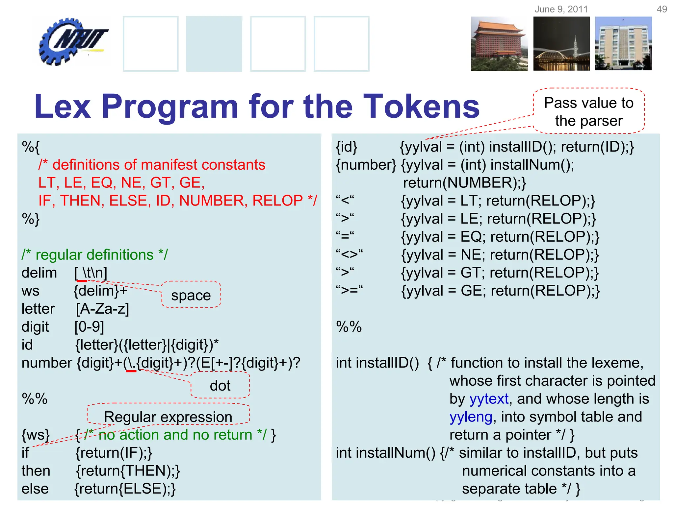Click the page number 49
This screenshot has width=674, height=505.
click(661, 9)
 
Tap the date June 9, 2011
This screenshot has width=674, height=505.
click(561, 9)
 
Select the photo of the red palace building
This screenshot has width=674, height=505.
click(499, 44)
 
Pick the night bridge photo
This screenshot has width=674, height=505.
click(561, 44)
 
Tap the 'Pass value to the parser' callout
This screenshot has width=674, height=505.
click(588, 111)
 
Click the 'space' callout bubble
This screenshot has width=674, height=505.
click(191, 295)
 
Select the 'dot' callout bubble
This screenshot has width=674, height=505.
click(220, 385)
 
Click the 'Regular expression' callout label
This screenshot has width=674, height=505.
click(168, 417)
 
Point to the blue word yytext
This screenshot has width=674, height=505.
click(489, 399)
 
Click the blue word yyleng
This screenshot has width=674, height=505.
click(471, 417)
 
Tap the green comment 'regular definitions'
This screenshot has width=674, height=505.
click(94, 255)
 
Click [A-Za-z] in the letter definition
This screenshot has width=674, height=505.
click(102, 309)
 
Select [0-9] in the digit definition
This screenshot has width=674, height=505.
click(89, 327)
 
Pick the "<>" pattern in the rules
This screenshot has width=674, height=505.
click(349, 254)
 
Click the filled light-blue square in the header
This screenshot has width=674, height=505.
click(214, 44)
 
